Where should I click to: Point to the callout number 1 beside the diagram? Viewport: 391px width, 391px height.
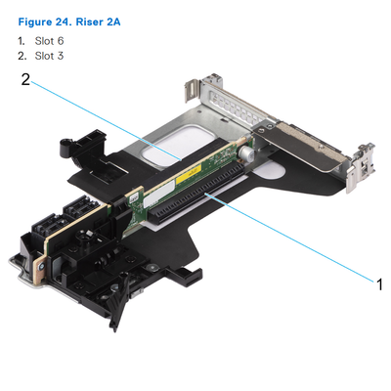coord(379,283)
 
